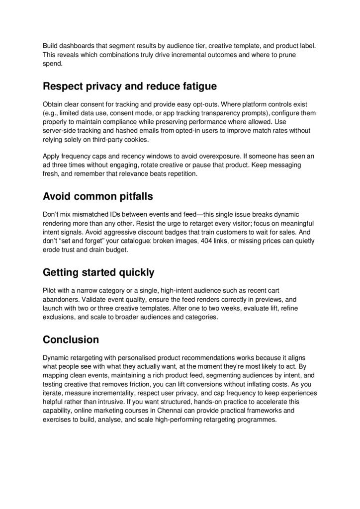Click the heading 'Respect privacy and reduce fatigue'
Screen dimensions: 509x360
130,86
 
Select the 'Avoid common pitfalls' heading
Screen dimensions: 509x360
98,196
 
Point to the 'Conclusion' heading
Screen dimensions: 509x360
71,339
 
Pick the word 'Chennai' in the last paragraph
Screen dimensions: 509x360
177,411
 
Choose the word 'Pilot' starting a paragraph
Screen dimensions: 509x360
50,290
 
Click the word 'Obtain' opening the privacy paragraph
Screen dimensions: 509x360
53,104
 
